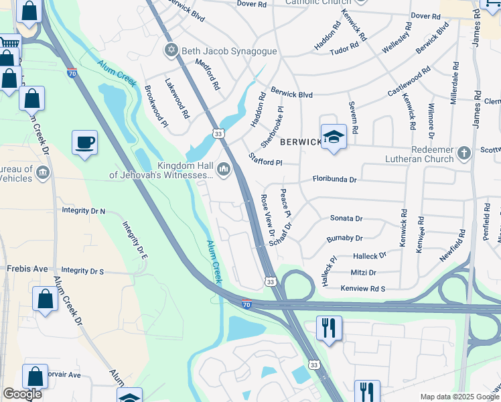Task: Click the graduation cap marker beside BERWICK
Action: (334, 137)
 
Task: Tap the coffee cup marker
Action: (85, 143)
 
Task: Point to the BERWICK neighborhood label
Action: (301, 142)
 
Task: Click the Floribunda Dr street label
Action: (334, 180)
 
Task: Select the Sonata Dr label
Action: (346, 218)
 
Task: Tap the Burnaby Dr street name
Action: (344, 238)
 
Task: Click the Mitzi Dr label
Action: (364, 273)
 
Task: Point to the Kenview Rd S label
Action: (363, 289)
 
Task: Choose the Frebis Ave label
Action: (28, 269)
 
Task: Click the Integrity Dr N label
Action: (84, 210)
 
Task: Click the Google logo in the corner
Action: (22, 394)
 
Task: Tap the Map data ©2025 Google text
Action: (459, 397)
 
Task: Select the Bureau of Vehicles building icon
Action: (43, 173)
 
